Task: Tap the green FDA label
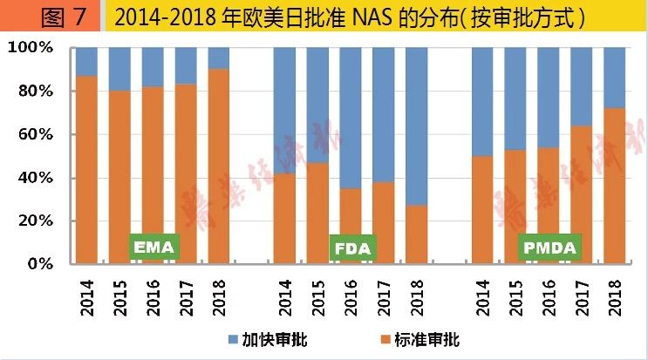353,248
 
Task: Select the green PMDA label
549,248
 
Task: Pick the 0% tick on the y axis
38,263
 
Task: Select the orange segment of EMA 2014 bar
86,170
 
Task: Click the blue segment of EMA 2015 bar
119,69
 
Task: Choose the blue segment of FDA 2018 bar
417,126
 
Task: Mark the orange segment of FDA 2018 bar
417,234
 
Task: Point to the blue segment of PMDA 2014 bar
482,101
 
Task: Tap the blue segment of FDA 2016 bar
351,118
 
